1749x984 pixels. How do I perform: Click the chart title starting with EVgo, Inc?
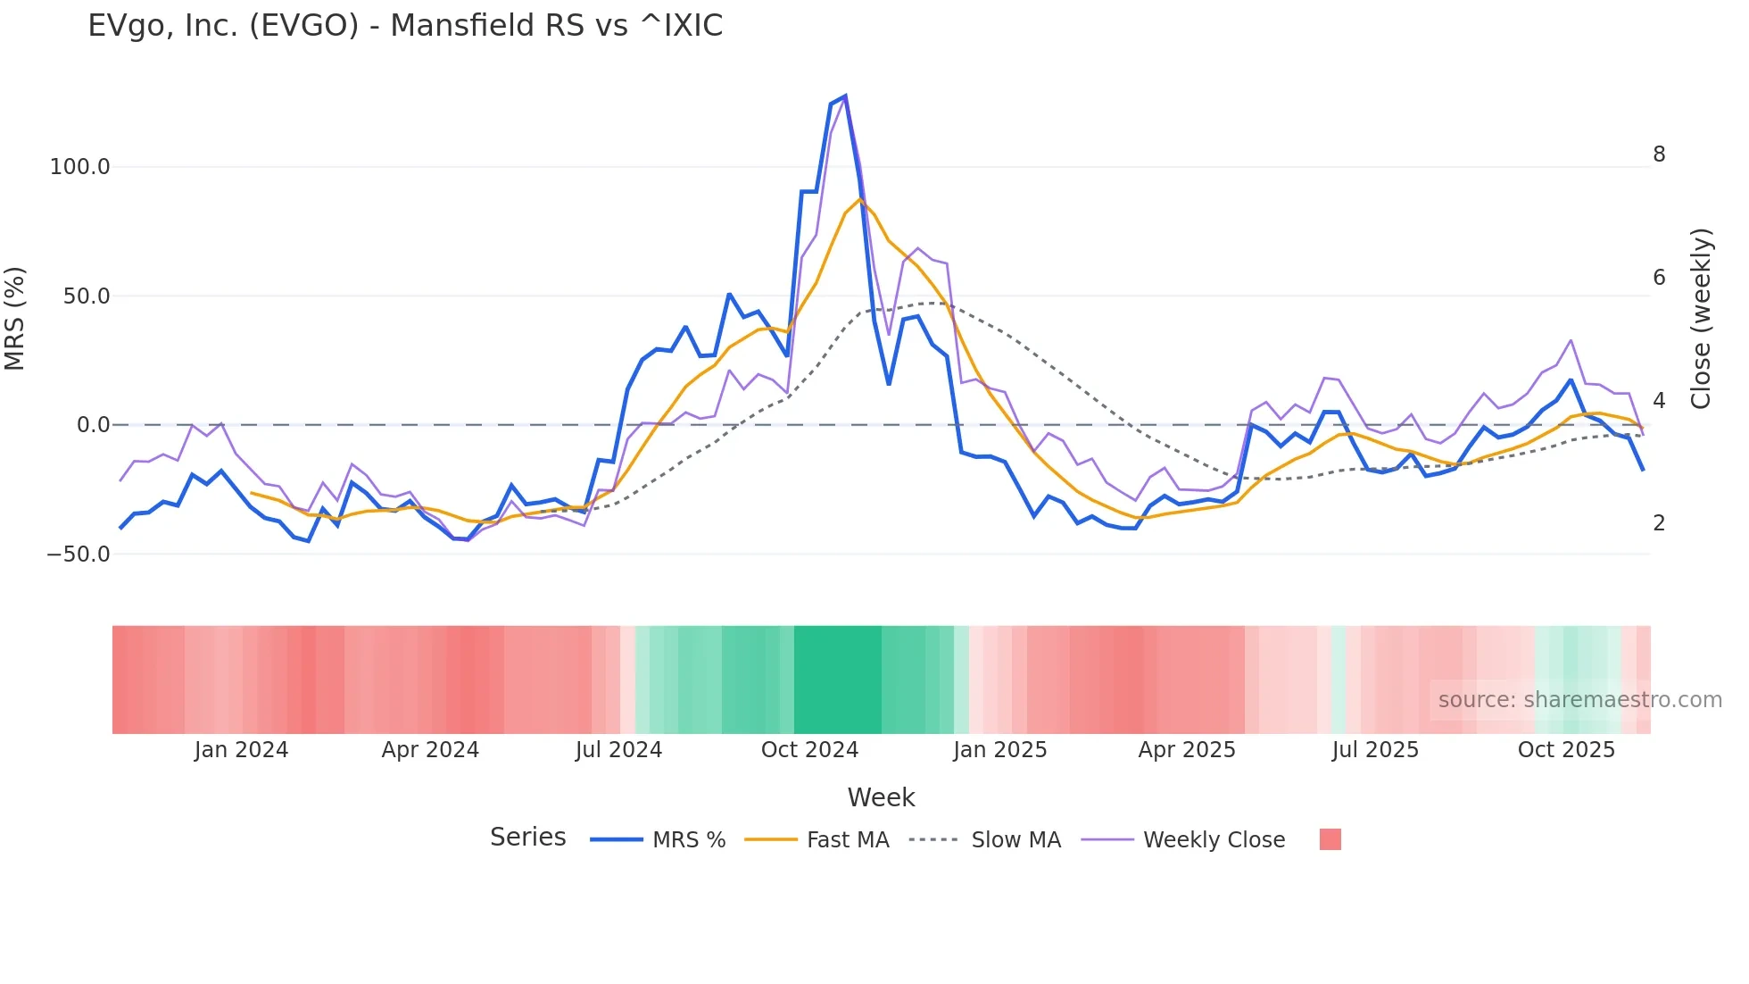click(x=405, y=26)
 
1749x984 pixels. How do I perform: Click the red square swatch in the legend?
click(x=1330, y=839)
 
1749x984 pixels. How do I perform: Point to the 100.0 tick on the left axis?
click(x=79, y=167)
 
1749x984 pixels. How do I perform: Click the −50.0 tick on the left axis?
click(x=79, y=555)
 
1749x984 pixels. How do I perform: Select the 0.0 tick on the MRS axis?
click(x=93, y=425)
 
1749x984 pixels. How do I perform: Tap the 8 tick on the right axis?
click(x=1659, y=154)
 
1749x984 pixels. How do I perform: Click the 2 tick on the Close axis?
click(x=1659, y=523)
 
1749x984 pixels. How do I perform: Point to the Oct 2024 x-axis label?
click(x=809, y=750)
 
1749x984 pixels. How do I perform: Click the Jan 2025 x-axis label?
click(x=999, y=750)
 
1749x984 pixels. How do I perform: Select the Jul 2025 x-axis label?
click(x=1375, y=750)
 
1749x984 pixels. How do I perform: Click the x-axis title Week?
click(x=881, y=797)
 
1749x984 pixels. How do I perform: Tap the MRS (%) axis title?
click(x=15, y=319)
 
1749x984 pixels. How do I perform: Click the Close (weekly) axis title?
click(x=1702, y=319)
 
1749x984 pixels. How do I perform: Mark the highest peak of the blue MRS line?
click(x=845, y=96)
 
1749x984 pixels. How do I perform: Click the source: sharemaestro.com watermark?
click(x=1579, y=700)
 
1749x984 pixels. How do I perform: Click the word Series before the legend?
click(x=527, y=838)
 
